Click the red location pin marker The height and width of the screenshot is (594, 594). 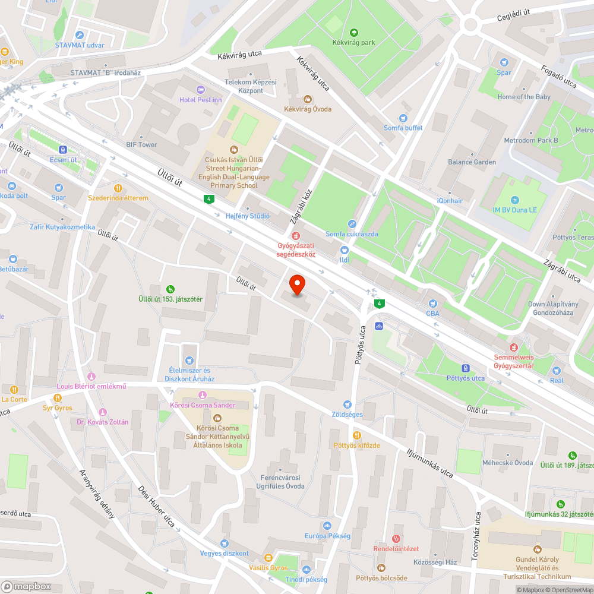pyautogui.click(x=296, y=285)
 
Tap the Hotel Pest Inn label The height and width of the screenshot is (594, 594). pyautogui.click(x=201, y=100)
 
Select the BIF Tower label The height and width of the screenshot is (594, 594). pyautogui.click(x=141, y=144)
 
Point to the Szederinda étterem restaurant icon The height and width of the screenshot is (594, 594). pyautogui.click(x=124, y=188)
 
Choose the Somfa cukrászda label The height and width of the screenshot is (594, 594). pyautogui.click(x=352, y=234)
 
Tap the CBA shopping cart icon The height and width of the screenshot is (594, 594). pyautogui.click(x=432, y=303)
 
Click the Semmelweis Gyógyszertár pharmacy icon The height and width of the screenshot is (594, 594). pyautogui.click(x=513, y=347)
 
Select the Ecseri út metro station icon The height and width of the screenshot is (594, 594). pyautogui.click(x=63, y=150)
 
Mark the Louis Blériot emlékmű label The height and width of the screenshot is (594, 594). pyautogui.click(x=91, y=387)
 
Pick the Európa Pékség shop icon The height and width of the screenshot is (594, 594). pyautogui.click(x=327, y=526)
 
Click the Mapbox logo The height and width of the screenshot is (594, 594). pyautogui.click(x=27, y=586)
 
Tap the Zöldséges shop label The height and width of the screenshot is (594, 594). pyautogui.click(x=347, y=413)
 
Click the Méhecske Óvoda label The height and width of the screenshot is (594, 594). pyautogui.click(x=515, y=463)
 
